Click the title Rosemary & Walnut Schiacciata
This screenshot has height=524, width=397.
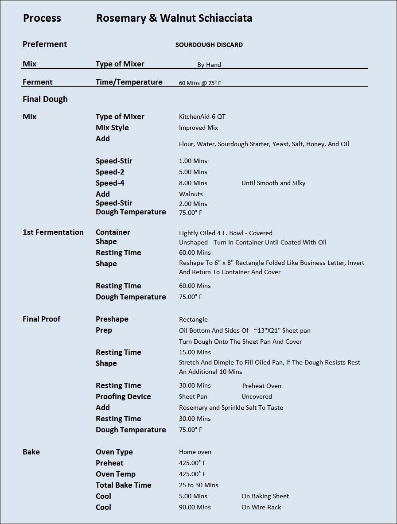coord(174,18)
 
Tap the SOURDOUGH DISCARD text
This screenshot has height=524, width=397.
coord(209,45)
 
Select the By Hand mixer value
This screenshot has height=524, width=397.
coord(209,65)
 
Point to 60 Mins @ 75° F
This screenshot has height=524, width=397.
coord(200,83)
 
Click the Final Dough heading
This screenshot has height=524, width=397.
coord(45,99)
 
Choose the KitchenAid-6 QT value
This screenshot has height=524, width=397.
coord(202,116)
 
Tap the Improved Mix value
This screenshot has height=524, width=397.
coord(198,128)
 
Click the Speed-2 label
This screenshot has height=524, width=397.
coord(110,172)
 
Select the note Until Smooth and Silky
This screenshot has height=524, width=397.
coord(273,183)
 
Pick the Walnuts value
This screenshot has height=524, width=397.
coord(191,194)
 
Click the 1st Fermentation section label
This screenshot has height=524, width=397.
coord(53,232)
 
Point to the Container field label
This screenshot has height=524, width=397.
coord(113,232)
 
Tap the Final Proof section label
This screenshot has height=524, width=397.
coord(42,319)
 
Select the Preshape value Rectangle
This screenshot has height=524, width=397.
coord(193,319)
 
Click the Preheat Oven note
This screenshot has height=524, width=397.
coord(262,386)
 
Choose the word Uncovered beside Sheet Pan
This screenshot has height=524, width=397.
coord(257,396)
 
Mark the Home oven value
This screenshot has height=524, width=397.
coord(195,452)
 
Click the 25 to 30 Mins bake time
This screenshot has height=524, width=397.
coord(198,485)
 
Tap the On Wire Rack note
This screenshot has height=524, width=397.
coord(261,507)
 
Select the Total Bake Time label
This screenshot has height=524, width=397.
coord(124,485)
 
